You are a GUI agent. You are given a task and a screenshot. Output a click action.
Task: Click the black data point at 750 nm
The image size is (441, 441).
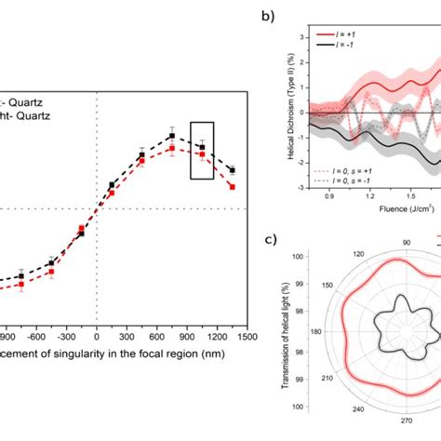172,136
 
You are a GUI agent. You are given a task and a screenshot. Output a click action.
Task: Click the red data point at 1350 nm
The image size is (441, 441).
232,187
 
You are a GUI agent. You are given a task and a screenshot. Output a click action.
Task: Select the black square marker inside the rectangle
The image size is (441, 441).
202,147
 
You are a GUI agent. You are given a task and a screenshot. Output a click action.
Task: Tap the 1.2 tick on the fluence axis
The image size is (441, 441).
369,196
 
